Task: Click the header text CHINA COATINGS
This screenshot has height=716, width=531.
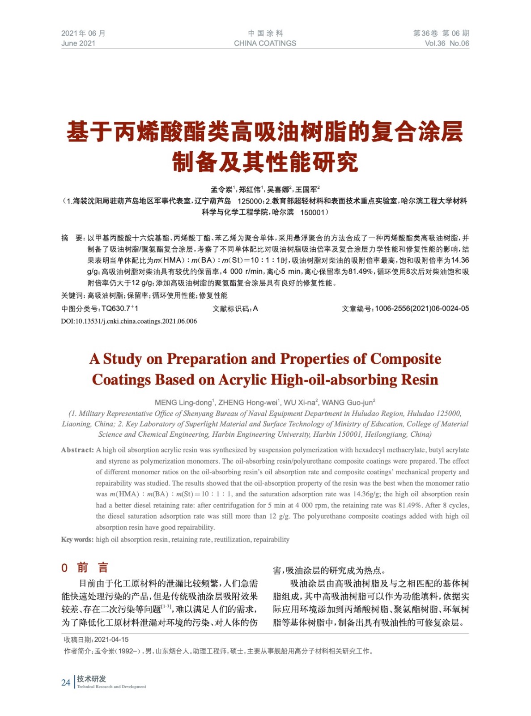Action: tap(265, 43)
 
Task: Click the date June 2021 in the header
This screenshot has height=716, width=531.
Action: tap(78, 43)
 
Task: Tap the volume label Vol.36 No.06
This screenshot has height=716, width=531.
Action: tap(446, 43)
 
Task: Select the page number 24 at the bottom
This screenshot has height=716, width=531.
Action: tap(66, 682)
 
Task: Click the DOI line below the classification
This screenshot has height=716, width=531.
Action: tap(129, 321)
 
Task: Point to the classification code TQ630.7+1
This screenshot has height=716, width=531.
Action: tap(119, 308)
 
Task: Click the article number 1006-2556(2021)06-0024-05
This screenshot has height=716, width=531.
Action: tap(421, 308)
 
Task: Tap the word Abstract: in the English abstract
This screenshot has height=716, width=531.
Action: tap(77, 450)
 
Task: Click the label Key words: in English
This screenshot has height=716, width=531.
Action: tap(77, 540)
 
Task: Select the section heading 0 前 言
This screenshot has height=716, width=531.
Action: tap(85, 568)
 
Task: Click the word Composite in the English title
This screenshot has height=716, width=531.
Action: tap(405, 359)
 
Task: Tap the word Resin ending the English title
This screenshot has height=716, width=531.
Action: tap(419, 380)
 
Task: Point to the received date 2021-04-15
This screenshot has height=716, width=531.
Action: tap(111, 640)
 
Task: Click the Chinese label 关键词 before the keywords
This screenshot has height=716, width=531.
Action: tap(72, 296)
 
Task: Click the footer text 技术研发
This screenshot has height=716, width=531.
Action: tap(91, 679)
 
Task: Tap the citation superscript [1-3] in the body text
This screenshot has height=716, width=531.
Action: tap(166, 607)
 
